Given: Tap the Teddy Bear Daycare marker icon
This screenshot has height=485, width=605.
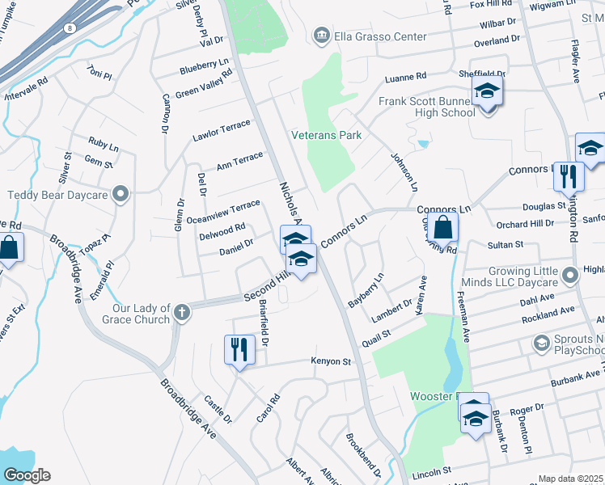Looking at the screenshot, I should point(121,194).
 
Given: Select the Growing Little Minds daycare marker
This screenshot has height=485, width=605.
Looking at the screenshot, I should point(570,276).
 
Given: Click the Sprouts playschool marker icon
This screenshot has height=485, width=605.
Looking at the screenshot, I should point(540,344).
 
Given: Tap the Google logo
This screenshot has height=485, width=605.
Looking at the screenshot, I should point(27,475).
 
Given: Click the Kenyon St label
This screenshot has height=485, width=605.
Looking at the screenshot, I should point(330,361).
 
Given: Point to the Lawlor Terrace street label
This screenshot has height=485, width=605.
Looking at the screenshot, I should point(221,131).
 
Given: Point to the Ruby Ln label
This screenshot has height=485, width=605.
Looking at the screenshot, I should point(104,144).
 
